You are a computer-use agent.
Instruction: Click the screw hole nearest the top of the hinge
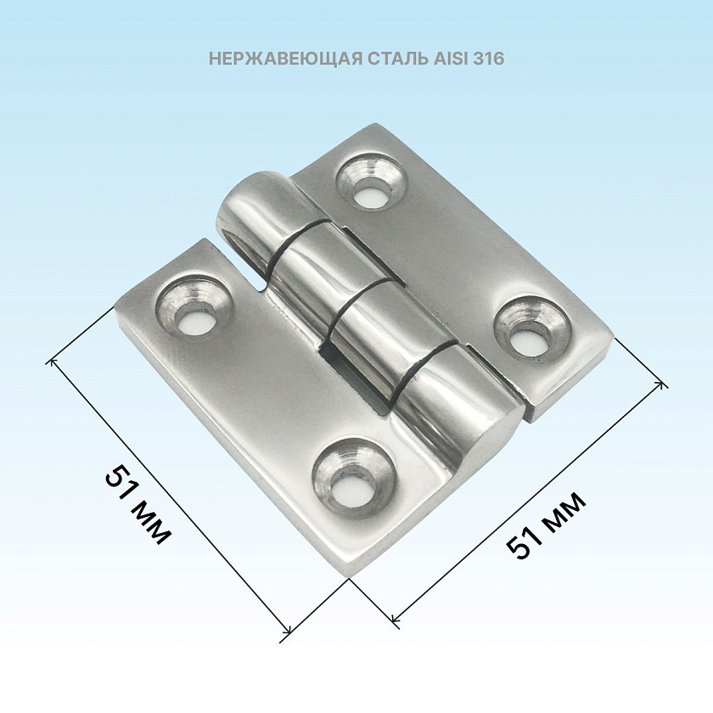371,181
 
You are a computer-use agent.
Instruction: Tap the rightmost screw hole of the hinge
531,328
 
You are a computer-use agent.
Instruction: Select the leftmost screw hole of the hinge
194,305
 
